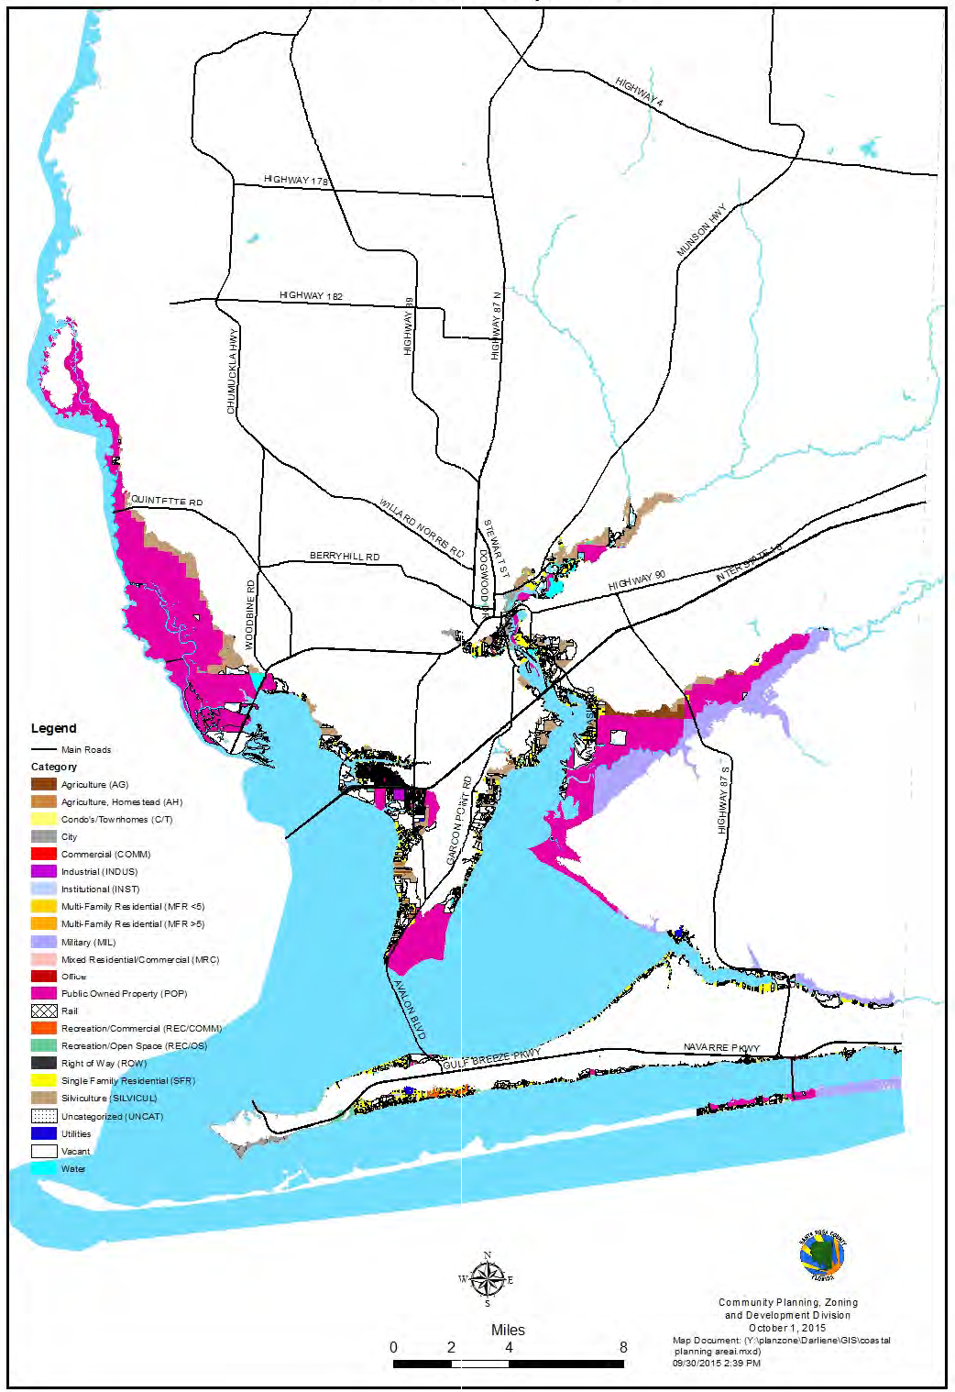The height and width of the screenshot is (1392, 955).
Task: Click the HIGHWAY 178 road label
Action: (295, 180)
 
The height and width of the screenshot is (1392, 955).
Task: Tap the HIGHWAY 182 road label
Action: (311, 295)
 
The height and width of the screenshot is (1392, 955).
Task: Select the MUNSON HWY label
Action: (700, 230)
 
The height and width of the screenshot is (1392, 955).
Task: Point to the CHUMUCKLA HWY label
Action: (233, 370)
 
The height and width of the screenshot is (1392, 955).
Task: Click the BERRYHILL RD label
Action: (344, 556)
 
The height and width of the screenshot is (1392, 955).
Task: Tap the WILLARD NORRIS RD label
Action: (422, 529)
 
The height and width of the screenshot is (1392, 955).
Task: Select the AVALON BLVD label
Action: (410, 1009)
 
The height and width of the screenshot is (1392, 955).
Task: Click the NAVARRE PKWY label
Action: (721, 1047)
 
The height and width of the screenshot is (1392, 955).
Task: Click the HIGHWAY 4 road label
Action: (639, 93)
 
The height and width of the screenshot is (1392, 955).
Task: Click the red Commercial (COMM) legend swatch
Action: (44, 854)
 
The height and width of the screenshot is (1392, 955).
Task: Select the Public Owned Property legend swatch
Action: (44, 993)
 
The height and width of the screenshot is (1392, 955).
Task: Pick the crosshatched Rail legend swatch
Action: (44, 1011)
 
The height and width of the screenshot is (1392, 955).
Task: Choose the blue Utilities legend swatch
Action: (44, 1133)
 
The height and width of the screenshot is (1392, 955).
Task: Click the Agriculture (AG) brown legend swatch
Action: (44, 784)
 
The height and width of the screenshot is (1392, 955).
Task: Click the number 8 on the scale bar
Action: (623, 1347)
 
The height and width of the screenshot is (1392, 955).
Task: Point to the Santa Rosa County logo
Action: (822, 1257)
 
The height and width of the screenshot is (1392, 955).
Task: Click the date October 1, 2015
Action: (786, 1328)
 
